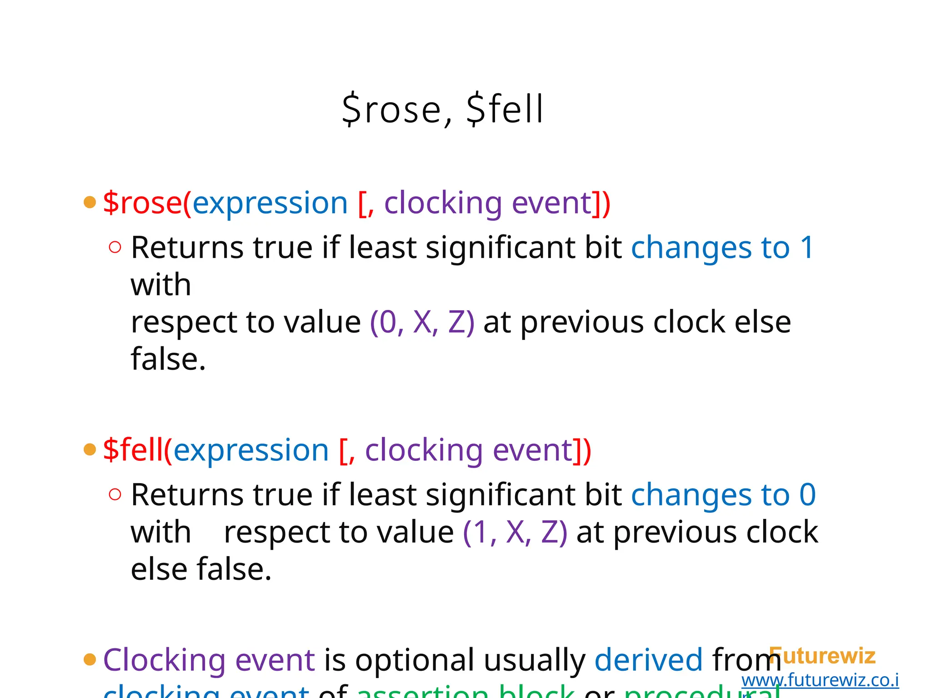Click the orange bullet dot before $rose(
pos(90,202)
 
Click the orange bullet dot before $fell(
pos(90,449)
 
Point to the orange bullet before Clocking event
pos(90,659)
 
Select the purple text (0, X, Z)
pos(422,322)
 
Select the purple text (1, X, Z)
pos(515,532)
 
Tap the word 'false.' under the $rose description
pos(168,359)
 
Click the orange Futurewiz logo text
pos(823,656)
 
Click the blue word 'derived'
pos(649,660)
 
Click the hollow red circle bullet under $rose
pos(115,247)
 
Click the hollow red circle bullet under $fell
pos(115,494)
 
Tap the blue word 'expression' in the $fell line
pos(251,450)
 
